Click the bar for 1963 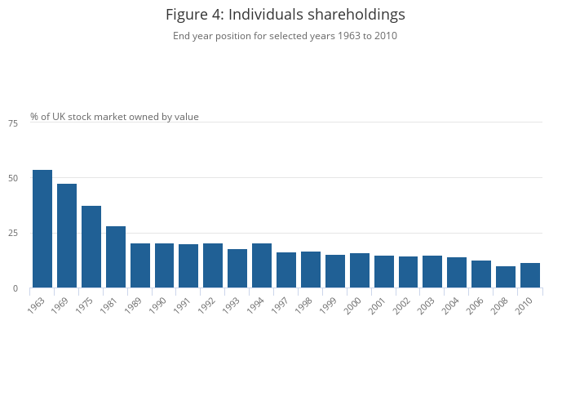click(x=42, y=229)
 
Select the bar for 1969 click(x=67, y=236)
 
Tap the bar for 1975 click(x=91, y=247)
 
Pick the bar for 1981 click(x=116, y=257)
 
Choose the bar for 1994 click(x=262, y=265)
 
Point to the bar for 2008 click(x=506, y=277)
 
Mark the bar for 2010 click(x=530, y=275)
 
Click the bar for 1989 click(x=140, y=265)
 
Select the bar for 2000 click(x=360, y=270)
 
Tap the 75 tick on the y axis click(x=13, y=123)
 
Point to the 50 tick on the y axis click(x=13, y=178)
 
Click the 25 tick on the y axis click(x=13, y=234)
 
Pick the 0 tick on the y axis click(x=15, y=289)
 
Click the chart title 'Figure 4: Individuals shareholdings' click(x=285, y=15)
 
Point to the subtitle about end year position click(x=285, y=36)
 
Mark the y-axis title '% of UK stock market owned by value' click(x=114, y=117)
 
